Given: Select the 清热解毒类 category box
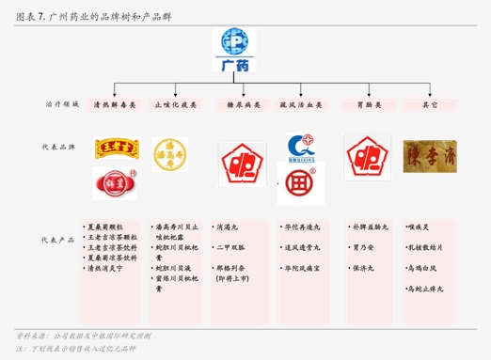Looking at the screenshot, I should [115, 105].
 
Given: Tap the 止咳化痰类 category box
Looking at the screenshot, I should [176, 105].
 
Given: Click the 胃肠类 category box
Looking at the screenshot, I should [367, 105].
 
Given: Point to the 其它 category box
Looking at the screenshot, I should [430, 105].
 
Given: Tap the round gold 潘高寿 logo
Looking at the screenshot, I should [170, 155].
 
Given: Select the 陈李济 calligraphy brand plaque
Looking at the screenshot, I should [430, 155].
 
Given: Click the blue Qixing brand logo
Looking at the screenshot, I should [302, 147].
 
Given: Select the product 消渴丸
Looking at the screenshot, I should [230, 227].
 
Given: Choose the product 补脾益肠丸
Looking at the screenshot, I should [370, 227].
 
